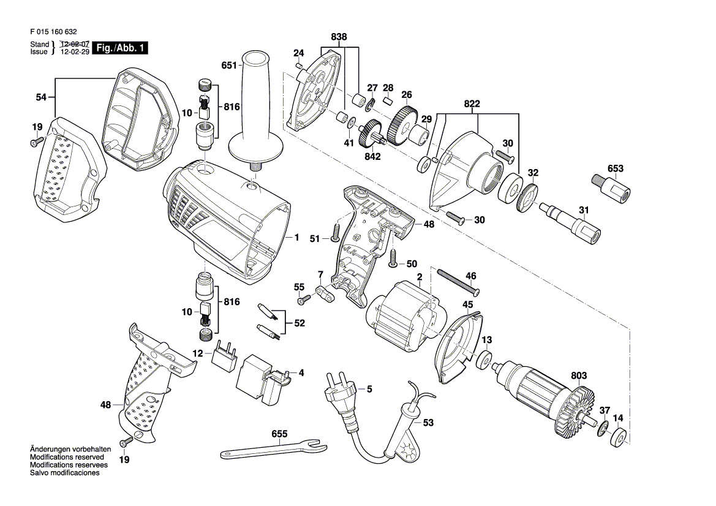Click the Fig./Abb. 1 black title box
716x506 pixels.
[x=120, y=48]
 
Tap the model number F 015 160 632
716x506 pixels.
[x=53, y=32]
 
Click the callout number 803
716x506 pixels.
[x=579, y=376]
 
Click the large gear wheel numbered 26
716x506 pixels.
[x=400, y=125]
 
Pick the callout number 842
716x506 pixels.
[x=372, y=157]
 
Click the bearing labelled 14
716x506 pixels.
[x=618, y=437]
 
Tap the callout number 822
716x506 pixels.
[x=472, y=104]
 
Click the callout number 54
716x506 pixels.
[x=41, y=97]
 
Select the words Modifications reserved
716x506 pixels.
[x=67, y=457]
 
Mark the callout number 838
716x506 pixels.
[x=339, y=37]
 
